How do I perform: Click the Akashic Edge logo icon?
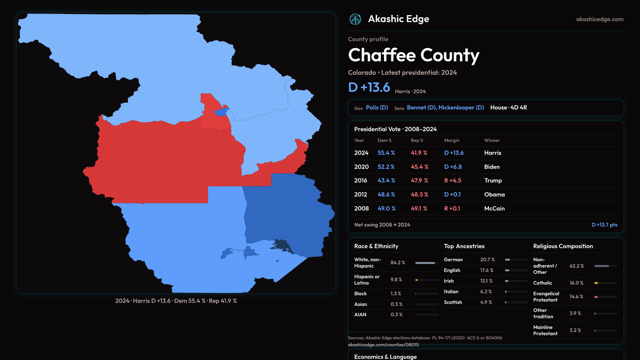[355, 19]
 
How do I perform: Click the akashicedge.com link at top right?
[600, 19]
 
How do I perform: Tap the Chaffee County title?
[413, 55]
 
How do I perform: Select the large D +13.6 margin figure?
[369, 87]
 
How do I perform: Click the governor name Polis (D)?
[377, 108]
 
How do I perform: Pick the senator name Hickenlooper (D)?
[461, 108]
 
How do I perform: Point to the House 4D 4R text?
[508, 108]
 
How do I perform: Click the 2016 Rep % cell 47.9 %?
[419, 181]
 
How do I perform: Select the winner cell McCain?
[494, 209]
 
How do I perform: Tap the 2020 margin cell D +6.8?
[453, 167]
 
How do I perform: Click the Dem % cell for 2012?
[386, 195]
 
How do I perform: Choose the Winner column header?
[492, 141]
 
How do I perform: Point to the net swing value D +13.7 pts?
[604, 225]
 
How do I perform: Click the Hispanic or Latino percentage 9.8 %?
[396, 280]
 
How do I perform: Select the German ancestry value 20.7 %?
[487, 260]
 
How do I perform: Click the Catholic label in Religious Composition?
[543, 283]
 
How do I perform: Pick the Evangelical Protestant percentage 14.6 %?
[576, 297]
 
